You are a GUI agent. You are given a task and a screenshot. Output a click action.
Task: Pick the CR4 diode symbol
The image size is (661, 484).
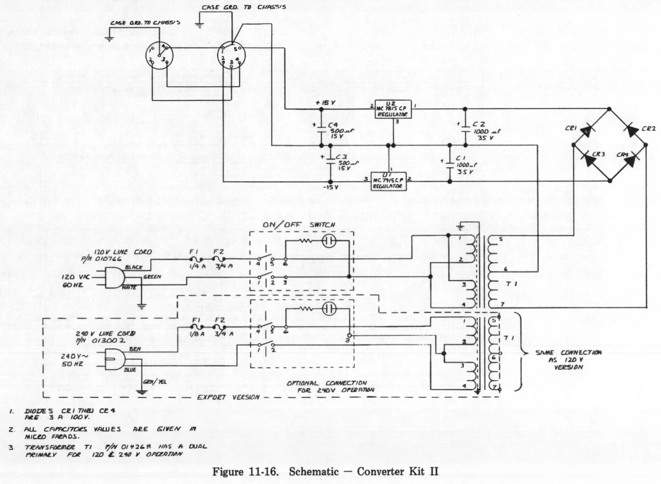(628, 160)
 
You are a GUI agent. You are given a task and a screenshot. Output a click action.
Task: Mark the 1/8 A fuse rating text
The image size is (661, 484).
(196, 333)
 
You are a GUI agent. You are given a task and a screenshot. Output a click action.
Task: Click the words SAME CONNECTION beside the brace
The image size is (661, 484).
(561, 352)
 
